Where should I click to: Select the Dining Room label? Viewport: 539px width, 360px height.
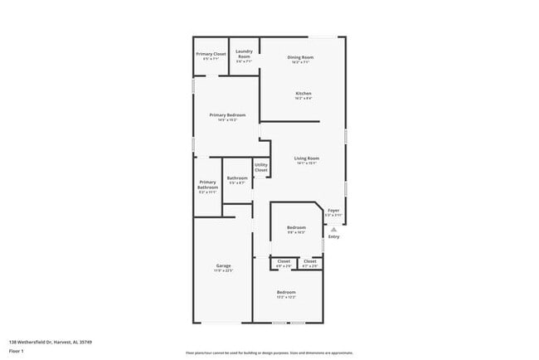299,58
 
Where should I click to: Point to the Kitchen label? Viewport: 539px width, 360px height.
303,95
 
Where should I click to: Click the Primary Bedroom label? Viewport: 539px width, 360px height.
227,117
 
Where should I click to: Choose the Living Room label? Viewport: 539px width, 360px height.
307,160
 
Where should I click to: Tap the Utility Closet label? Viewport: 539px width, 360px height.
261,168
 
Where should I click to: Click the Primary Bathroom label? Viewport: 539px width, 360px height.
207,187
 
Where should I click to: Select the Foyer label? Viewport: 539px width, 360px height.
333,212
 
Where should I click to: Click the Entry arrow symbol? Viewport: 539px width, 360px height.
333,229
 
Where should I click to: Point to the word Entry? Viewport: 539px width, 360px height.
333,237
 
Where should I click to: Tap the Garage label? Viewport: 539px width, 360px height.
223,268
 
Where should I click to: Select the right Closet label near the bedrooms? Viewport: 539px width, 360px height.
309,263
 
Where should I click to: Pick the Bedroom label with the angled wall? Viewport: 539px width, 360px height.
297,229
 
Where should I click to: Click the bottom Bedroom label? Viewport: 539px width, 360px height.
286,294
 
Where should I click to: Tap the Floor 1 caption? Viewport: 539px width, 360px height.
17,351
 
